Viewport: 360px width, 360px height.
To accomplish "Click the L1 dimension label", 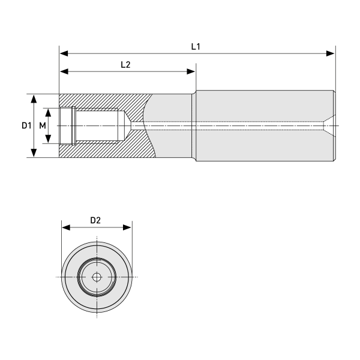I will pyautogui.click(x=196, y=46).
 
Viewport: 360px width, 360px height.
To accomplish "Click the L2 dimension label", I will pyautogui.click(x=125, y=64).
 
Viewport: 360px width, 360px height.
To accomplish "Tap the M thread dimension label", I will pyautogui.click(x=42, y=126).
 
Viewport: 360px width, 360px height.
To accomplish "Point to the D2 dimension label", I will pyautogui.click(x=95, y=220).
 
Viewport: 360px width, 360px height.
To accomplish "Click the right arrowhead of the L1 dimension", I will pyautogui.click(x=331, y=53).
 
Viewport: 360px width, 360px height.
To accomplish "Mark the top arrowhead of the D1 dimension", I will pyautogui.click(x=35, y=98).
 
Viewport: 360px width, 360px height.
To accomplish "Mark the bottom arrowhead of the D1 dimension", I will pyautogui.click(x=35, y=154).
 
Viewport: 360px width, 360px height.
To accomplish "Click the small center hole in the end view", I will pyautogui.click(x=97, y=277).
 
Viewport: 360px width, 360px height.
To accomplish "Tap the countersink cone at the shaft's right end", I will pyautogui.click(x=329, y=126).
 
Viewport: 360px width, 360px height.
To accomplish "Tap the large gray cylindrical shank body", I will pyautogui.click(x=264, y=144).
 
